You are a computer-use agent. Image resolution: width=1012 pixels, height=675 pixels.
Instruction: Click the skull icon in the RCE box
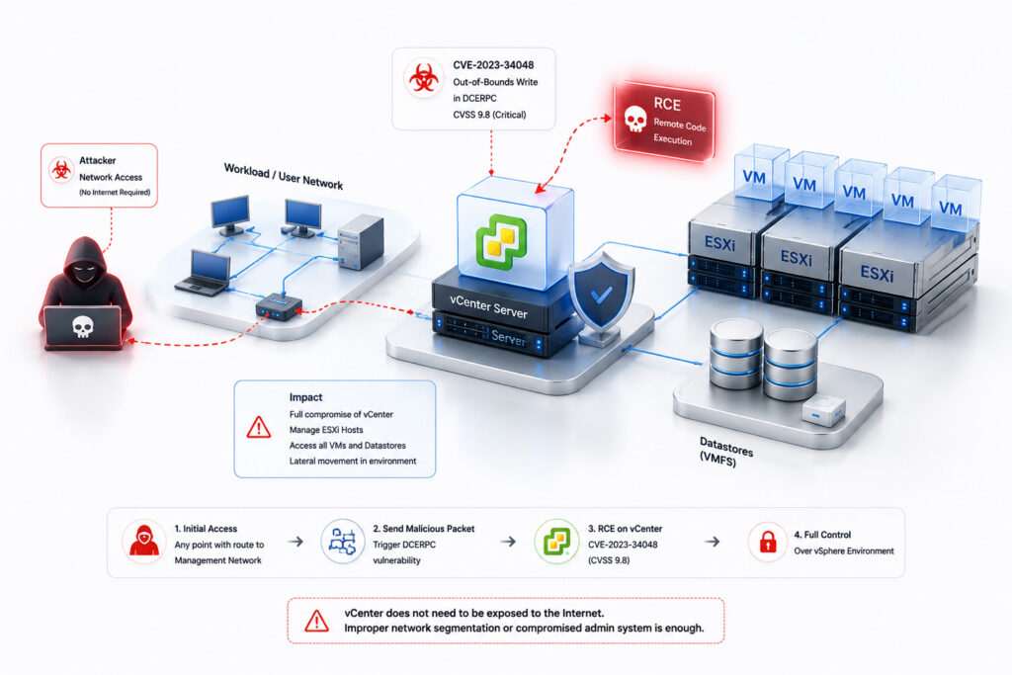(x=635, y=119)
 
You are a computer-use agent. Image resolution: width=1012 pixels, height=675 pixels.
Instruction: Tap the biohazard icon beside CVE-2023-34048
(x=423, y=77)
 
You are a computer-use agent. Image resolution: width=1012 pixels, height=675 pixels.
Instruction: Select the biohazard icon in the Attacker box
(x=61, y=170)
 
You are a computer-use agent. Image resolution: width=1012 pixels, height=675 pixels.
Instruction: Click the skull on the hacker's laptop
(x=82, y=327)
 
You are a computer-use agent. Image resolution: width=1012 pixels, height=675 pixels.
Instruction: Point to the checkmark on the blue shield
(x=602, y=295)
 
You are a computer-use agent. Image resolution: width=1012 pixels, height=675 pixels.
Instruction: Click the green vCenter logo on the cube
(x=501, y=241)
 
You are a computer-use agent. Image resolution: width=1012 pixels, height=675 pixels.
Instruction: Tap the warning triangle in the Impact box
(x=259, y=427)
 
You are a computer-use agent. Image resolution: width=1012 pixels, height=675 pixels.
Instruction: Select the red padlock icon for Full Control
(x=767, y=542)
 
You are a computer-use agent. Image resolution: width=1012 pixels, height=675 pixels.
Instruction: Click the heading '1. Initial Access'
(x=206, y=529)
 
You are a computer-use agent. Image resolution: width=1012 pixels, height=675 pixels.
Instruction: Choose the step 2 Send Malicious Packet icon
(x=343, y=542)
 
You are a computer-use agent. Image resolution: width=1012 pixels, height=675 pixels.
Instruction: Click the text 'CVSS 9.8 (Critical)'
(x=489, y=115)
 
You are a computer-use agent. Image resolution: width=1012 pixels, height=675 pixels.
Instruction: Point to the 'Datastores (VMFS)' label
(x=725, y=452)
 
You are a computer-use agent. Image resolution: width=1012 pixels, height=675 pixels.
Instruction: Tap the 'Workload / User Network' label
(x=284, y=176)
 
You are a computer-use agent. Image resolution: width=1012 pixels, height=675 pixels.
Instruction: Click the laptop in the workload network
(x=203, y=273)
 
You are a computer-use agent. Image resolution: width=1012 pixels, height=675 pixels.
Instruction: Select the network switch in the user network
(x=279, y=307)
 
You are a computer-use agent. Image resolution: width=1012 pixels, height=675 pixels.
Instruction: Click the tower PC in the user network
(x=361, y=243)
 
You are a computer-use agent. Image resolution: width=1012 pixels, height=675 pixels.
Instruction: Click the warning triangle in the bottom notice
(x=316, y=621)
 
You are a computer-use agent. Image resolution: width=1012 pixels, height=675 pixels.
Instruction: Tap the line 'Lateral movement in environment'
(x=353, y=461)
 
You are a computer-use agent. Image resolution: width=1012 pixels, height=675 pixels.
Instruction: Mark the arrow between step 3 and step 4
(x=712, y=542)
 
